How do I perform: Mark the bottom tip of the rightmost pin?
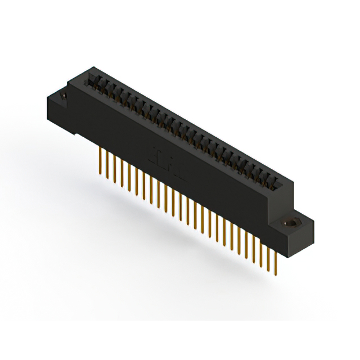click(x=274, y=277)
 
